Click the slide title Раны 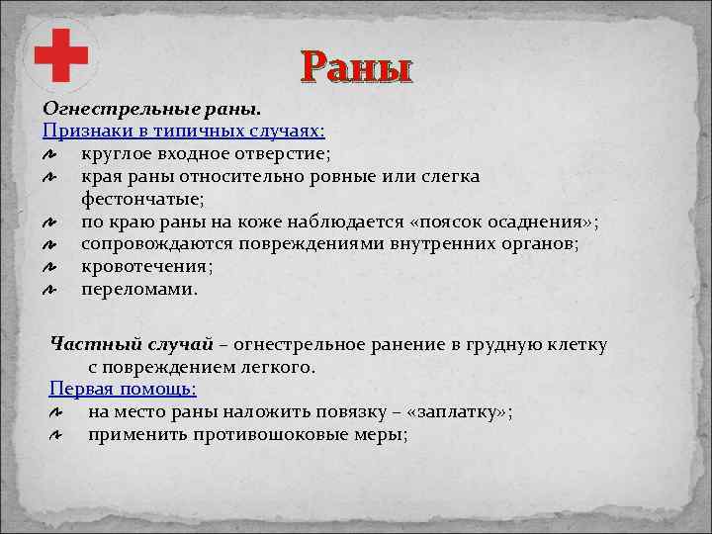point(357,69)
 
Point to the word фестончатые point(137,198)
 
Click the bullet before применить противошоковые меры point(57,435)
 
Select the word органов point(549,243)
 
